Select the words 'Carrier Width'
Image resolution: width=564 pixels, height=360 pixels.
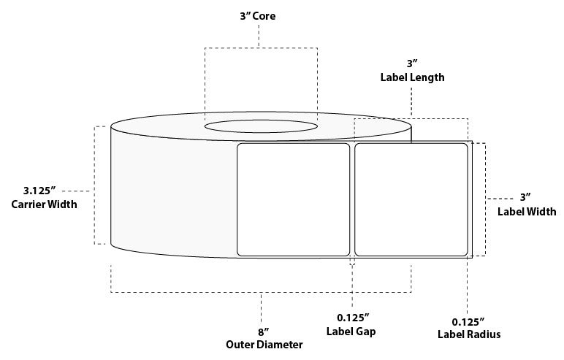pyautogui.click(x=44, y=204)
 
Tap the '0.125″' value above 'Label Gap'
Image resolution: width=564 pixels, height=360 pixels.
pyautogui.click(x=352, y=317)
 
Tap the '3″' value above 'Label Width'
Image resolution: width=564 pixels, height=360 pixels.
pyautogui.click(x=525, y=197)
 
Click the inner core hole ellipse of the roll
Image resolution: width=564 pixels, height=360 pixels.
pyautogui.click(x=261, y=126)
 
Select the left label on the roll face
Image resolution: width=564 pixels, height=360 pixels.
pyautogui.click(x=294, y=199)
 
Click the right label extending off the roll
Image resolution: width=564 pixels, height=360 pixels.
pyautogui.click(x=411, y=199)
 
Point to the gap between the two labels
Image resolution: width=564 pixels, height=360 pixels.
pyautogui.click(x=352, y=199)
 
